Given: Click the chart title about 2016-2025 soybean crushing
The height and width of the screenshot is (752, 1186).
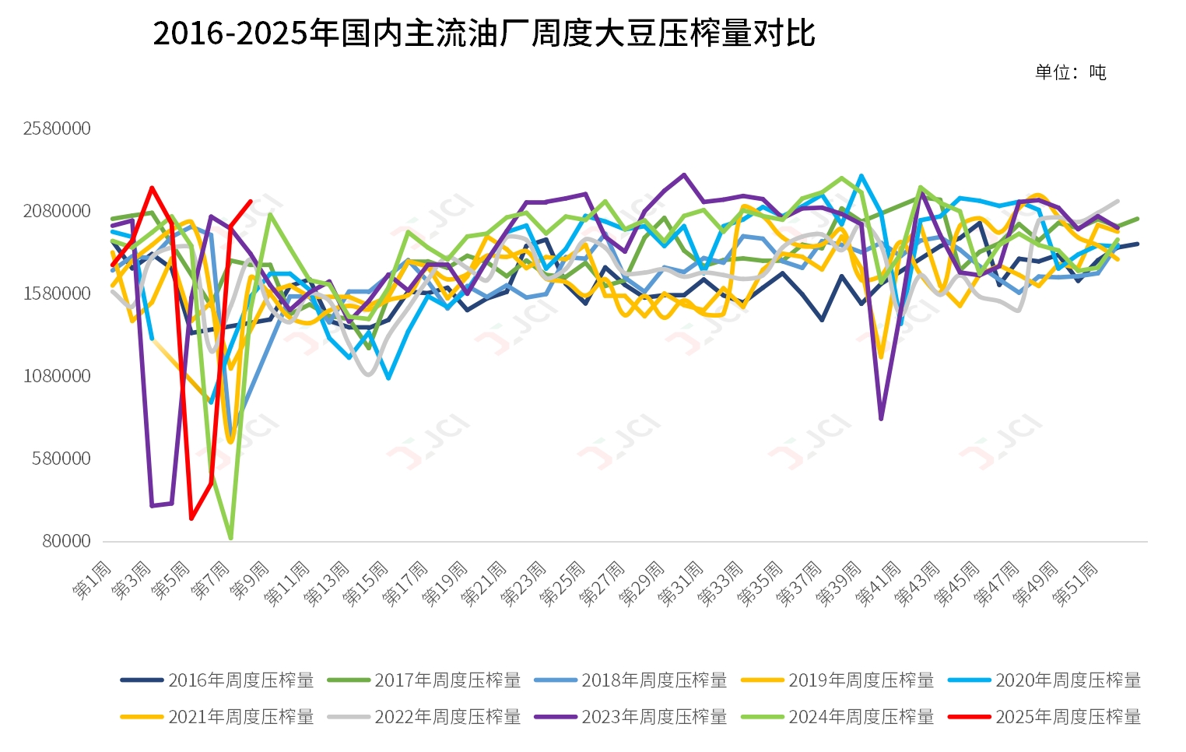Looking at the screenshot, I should point(483,33).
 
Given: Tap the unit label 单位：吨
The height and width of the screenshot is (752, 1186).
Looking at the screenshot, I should point(1070,72).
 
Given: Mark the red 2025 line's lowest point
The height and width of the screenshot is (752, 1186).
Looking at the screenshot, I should point(191,518).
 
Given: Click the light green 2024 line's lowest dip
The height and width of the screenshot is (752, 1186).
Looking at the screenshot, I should point(231,538).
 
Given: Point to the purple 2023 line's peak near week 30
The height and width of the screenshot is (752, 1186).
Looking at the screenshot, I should point(684,175).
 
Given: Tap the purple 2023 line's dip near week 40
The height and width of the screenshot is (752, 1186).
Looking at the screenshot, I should point(881,419).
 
